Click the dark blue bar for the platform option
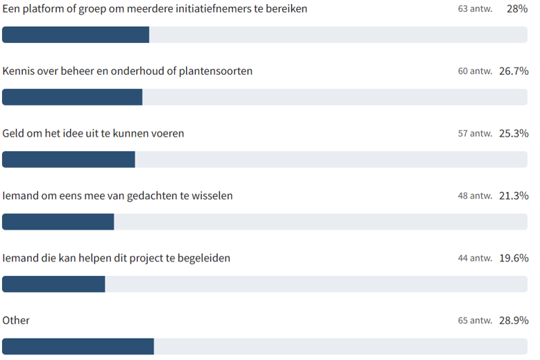76,35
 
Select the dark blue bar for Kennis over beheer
72,97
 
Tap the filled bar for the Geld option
69,160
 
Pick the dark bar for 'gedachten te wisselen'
58,222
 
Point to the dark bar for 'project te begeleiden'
53,284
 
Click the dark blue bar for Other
78,346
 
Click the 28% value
518,9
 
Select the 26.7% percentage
514,71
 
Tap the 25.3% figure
514,134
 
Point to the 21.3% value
514,196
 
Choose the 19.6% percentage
514,259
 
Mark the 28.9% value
514,321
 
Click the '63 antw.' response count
475,9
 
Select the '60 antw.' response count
475,71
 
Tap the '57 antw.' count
475,134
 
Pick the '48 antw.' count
475,196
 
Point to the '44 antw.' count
475,259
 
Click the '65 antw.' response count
475,321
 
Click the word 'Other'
16,320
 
